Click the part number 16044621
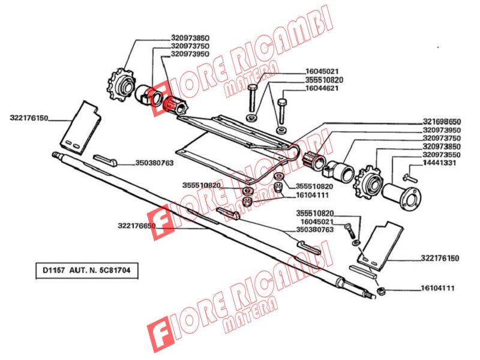coord(322,88)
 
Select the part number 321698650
coord(442,122)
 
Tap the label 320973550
coord(442,155)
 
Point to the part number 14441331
coord(440,163)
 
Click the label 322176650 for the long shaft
coord(137,226)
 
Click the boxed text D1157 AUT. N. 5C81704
coord(86,271)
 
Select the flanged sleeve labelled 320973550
coord(401,196)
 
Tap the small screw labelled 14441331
coord(410,177)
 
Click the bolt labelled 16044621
coord(281,110)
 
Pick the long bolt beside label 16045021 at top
coord(252,98)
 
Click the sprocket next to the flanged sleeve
coord(368,181)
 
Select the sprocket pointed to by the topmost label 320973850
coord(121,84)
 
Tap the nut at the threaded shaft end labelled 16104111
coord(380,291)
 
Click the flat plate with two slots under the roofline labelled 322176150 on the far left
coord(80,127)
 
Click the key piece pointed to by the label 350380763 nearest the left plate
coord(104,160)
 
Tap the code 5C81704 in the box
coord(115,271)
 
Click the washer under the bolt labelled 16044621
coord(281,130)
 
